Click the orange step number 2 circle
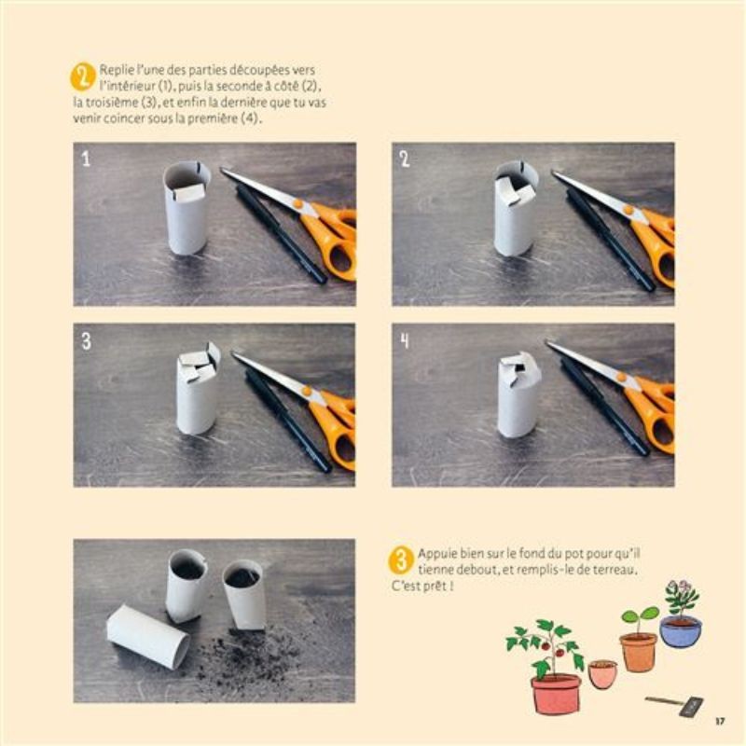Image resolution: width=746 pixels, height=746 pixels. coord(82,76)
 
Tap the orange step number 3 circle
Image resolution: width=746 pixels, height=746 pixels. coord(401,560)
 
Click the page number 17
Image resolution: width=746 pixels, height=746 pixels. coord(720,721)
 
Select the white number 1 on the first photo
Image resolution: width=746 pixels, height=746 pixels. coord(86,159)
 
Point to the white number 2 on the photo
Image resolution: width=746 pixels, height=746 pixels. coord(405,159)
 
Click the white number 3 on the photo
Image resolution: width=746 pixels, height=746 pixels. coord(86,340)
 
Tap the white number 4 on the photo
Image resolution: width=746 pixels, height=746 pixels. coord(405,340)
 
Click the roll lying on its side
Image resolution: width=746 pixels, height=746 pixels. coord(148,636)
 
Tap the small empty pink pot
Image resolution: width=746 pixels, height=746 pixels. coord(602,673)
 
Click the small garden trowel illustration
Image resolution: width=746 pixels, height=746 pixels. coord(674,705)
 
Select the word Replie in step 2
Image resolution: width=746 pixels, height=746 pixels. coord(116,70)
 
